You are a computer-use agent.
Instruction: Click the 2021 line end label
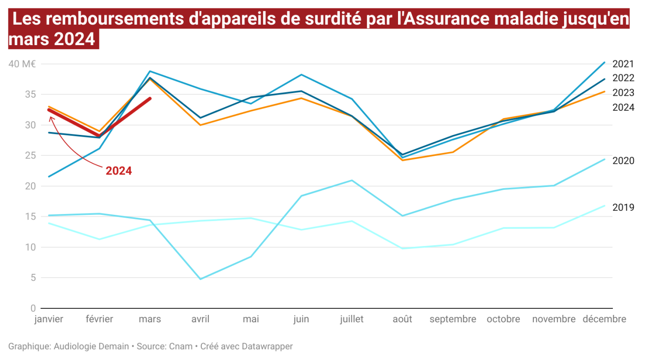coord(623,64)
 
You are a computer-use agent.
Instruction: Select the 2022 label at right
coord(623,78)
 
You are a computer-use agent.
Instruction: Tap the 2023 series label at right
coord(623,93)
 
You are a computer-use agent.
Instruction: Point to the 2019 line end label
coord(623,207)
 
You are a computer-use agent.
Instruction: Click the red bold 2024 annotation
coord(119,171)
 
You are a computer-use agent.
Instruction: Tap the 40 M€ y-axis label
coord(22,64)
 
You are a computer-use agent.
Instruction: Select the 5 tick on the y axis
coord(33,278)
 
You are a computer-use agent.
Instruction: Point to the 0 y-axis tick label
coord(33,308)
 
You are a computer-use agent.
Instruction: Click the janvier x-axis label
coord(49,319)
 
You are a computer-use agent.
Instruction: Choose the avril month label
coord(200,319)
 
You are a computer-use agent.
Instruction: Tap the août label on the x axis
coord(402,319)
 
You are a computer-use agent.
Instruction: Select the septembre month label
coord(452,319)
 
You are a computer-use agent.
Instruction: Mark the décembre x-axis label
coord(604,319)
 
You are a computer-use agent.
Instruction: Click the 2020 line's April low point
coord(200,279)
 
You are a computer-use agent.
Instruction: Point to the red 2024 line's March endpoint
coord(150,98)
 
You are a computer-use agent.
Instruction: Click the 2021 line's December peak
coord(604,62)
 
